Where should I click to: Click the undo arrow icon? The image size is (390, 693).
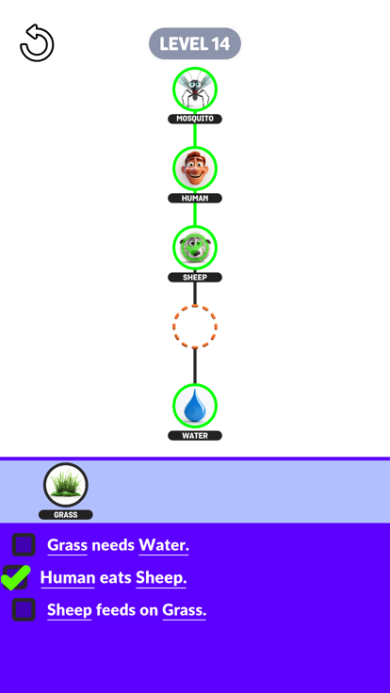click(x=37, y=43)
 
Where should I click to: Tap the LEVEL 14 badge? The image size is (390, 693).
click(x=195, y=43)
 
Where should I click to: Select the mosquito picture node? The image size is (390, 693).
click(x=195, y=89)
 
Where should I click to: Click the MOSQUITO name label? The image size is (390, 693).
click(x=195, y=119)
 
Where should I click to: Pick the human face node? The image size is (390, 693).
click(x=195, y=169)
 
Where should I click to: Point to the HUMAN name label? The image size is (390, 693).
click(x=195, y=198)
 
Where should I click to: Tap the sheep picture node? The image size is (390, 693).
click(x=195, y=248)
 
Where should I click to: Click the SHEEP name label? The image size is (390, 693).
click(x=195, y=277)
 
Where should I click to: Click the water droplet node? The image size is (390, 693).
click(x=195, y=406)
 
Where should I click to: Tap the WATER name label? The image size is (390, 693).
click(x=195, y=436)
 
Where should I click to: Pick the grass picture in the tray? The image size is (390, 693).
click(x=65, y=485)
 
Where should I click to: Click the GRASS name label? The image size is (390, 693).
click(x=65, y=515)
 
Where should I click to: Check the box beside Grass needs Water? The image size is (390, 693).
click(x=24, y=544)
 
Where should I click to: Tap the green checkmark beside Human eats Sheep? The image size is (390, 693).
click(x=16, y=577)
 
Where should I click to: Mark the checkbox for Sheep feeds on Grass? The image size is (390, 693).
click(x=24, y=609)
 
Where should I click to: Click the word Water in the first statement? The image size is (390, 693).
click(x=164, y=545)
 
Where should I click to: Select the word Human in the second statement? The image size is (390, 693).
click(x=68, y=577)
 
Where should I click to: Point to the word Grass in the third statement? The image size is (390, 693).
click(x=185, y=610)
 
